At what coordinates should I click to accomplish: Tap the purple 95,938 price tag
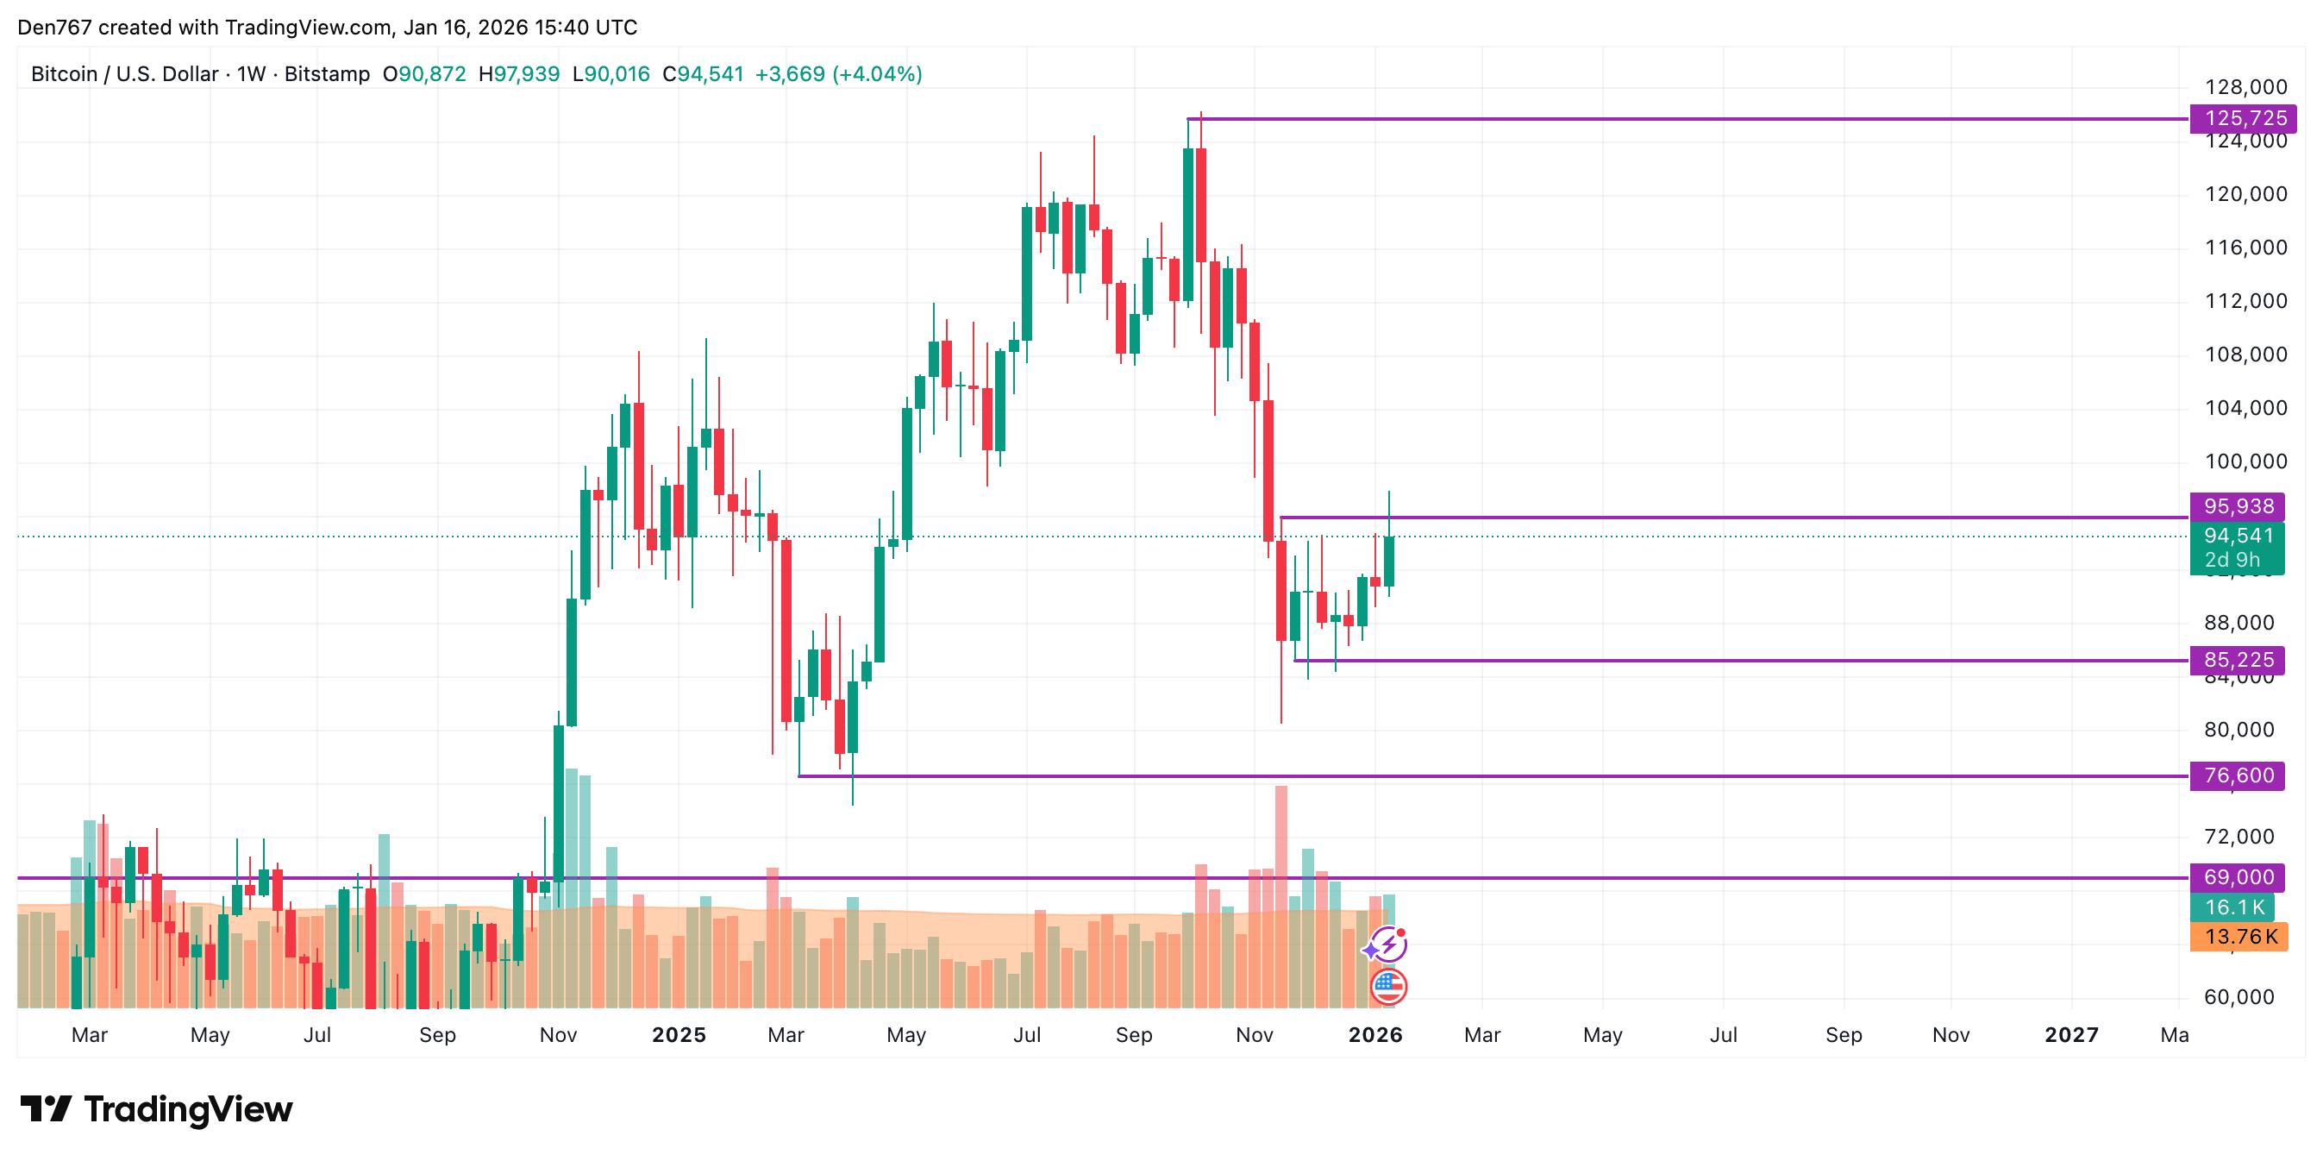(2238, 506)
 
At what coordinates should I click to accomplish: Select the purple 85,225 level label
(2238, 660)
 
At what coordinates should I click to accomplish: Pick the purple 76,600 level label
(2238, 775)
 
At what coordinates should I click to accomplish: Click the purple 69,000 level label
(2238, 877)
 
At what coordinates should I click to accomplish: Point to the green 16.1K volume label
(2232, 907)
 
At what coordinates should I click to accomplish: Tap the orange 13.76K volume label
(2239, 937)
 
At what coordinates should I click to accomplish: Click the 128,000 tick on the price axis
(2245, 87)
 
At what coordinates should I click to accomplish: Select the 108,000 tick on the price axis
(2245, 355)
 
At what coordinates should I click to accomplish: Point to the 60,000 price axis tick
(2238, 997)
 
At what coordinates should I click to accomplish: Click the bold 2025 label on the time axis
(679, 1035)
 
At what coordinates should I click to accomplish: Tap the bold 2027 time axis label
(2071, 1035)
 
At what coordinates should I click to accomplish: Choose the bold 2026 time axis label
(1375, 1035)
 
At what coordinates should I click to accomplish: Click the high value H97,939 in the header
(518, 74)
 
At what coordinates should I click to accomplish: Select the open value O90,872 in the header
(424, 74)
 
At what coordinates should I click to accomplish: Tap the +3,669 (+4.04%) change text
(838, 74)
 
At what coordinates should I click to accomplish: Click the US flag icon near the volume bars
(1387, 986)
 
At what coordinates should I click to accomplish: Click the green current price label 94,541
(2238, 536)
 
